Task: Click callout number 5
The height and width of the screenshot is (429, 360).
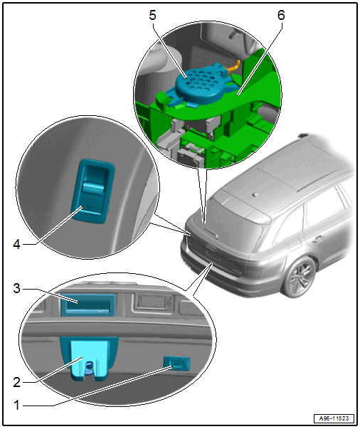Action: [152, 16]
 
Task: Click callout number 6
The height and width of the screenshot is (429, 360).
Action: [281, 16]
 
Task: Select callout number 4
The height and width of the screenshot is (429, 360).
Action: [16, 244]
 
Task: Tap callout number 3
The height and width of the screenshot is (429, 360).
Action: [16, 288]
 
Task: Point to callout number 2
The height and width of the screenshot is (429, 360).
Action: [16, 382]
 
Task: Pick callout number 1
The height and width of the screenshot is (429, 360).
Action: [16, 406]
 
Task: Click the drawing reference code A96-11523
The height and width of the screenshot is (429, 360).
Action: [334, 418]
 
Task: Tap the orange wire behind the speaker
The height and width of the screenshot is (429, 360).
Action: [233, 66]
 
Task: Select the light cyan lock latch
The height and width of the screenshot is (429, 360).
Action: [89, 359]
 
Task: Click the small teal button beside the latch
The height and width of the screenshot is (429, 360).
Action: [176, 363]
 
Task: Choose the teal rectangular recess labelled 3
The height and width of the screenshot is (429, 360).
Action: [88, 305]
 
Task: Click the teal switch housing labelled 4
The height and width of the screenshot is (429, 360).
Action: [93, 191]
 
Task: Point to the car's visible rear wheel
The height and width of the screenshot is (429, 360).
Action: [299, 277]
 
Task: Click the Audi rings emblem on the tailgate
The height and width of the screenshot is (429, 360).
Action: [211, 248]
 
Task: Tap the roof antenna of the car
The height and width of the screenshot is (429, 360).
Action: [256, 195]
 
